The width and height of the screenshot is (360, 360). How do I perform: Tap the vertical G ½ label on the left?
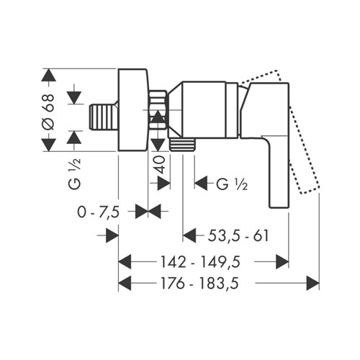click(75, 174)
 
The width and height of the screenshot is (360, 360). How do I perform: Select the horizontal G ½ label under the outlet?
click(232, 184)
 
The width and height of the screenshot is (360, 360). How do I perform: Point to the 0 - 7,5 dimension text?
click(99, 212)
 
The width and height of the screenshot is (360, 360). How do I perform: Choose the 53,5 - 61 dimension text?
click(238, 235)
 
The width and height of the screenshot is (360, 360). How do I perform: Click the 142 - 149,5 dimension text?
click(200, 261)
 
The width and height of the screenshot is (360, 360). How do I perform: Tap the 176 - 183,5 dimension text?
click(199, 283)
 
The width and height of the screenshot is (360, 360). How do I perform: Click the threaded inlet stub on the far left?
click(104, 117)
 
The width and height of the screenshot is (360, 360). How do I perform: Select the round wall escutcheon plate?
click(133, 109)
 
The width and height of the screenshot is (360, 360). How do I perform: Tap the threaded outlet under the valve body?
click(182, 145)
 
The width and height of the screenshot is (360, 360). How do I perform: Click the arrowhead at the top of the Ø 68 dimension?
click(49, 75)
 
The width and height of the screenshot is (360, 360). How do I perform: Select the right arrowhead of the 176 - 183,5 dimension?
click(313, 283)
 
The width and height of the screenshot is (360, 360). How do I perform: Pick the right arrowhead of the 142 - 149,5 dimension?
click(282, 261)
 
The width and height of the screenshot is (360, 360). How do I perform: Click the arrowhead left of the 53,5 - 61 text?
click(189, 235)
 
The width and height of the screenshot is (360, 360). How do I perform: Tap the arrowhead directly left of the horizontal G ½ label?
click(201, 184)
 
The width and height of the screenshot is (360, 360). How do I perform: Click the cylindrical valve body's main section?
click(204, 110)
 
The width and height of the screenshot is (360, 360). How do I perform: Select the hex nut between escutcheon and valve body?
click(158, 109)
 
